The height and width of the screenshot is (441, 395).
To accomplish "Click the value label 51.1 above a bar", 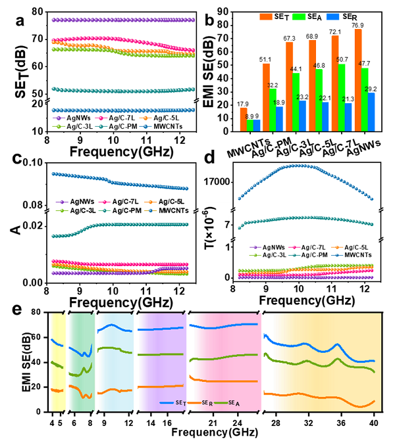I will [266, 59].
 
